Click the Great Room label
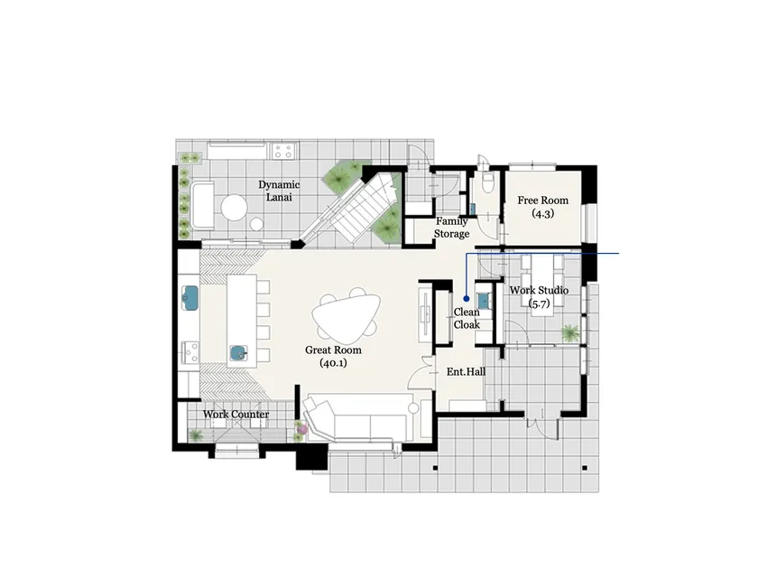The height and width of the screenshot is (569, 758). (x=333, y=356)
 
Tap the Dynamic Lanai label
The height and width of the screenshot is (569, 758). (x=279, y=191)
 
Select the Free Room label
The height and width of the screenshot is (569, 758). (x=543, y=207)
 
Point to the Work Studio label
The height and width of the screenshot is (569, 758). (x=539, y=296)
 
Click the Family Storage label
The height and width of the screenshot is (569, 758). (x=451, y=228)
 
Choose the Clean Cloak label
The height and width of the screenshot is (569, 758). (x=467, y=318)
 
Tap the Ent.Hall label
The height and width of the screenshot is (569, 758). (x=466, y=371)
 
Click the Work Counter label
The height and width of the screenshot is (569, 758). (x=236, y=415)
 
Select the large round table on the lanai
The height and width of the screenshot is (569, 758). (x=235, y=208)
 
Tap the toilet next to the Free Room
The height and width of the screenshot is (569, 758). (x=487, y=182)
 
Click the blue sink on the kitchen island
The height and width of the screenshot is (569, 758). (x=238, y=353)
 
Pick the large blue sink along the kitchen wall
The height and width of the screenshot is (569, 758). (x=190, y=297)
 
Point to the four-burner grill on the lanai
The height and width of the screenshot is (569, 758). (x=283, y=151)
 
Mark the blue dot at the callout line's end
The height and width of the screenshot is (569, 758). (x=467, y=299)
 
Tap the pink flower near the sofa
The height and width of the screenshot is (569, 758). (x=301, y=428)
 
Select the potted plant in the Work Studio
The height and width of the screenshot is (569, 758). (x=570, y=333)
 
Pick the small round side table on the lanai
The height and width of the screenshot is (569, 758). (x=256, y=224)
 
